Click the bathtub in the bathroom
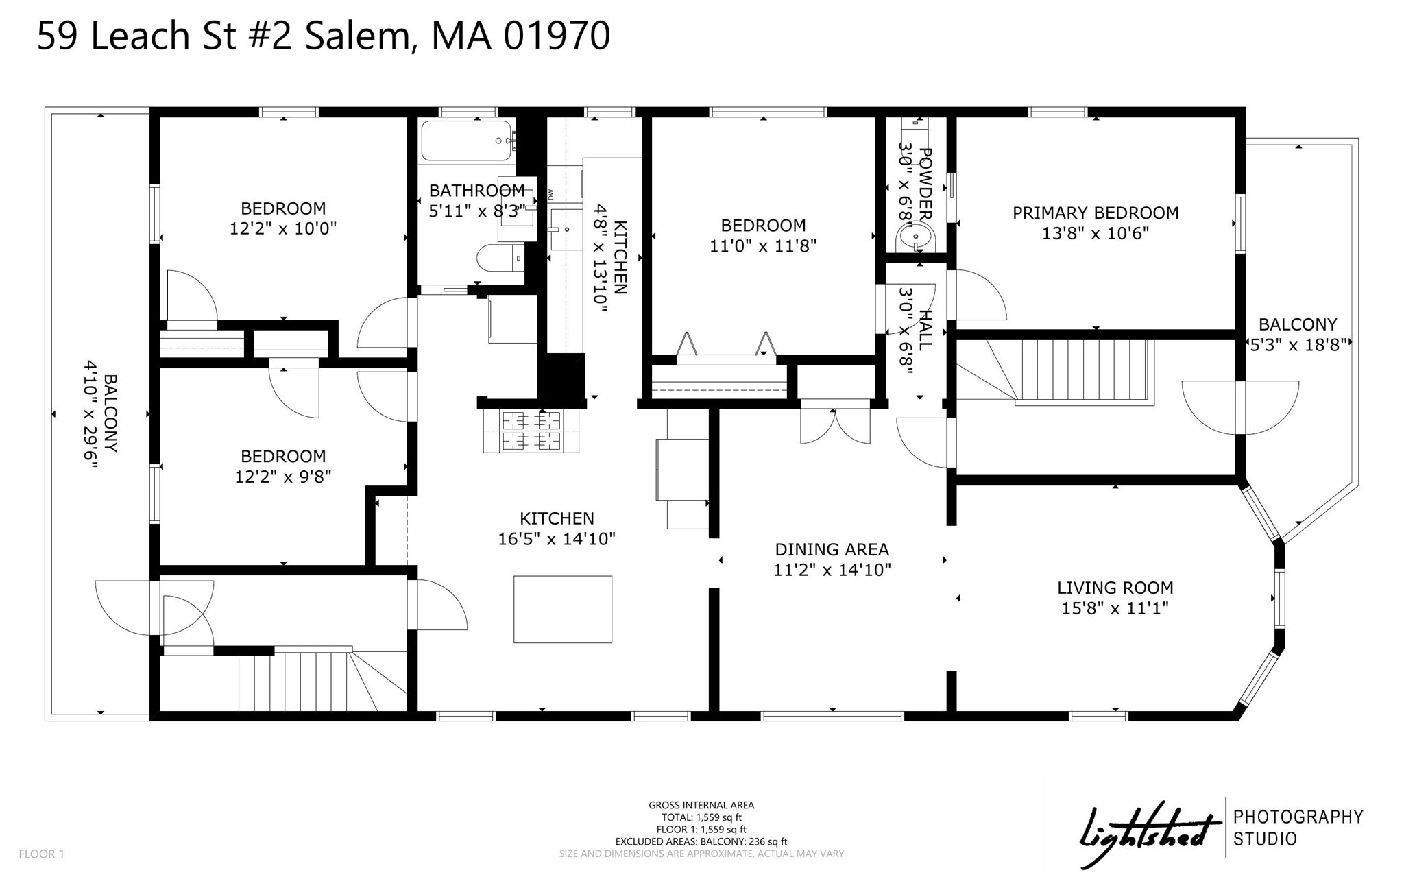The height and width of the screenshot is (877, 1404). [466, 141]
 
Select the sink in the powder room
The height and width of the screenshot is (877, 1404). [915, 239]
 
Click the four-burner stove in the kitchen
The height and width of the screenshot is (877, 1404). [531, 431]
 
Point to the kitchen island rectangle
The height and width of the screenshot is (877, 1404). [563, 609]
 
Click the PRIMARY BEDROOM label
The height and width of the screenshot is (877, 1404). [1096, 213]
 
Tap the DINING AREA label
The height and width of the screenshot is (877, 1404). [832, 549]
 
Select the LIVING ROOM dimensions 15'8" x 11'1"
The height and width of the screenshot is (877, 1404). [1115, 608]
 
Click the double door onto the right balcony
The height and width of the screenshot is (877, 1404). [1239, 407]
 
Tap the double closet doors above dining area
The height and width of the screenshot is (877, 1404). [835, 425]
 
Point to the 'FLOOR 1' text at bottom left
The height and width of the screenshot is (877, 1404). [41, 854]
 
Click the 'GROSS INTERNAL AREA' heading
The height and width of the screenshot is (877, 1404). [701, 805]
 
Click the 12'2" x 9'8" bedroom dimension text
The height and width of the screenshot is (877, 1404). [283, 477]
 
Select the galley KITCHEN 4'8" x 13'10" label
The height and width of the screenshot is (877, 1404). [610, 258]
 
